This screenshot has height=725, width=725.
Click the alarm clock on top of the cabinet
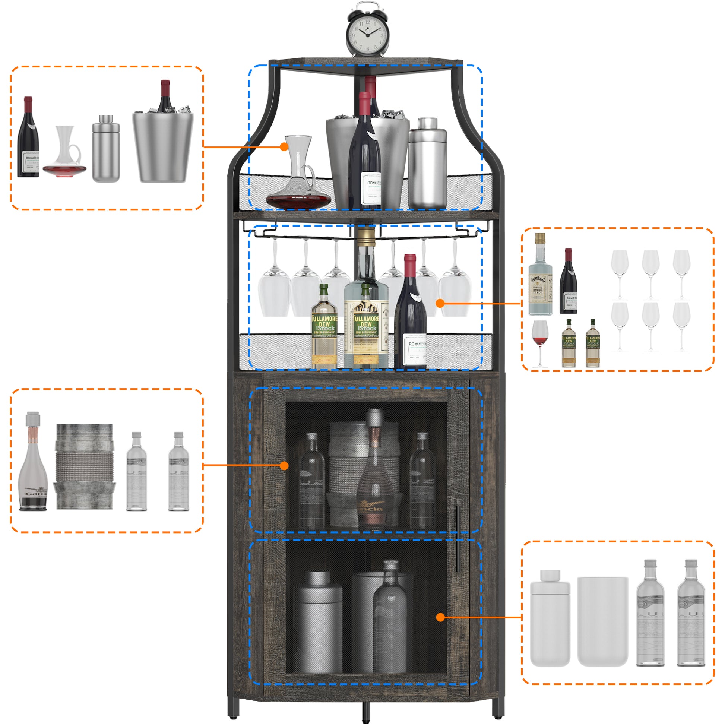click(x=367, y=32)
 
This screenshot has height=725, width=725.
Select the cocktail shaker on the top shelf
click(x=427, y=163)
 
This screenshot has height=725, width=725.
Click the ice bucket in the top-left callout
click(x=163, y=146)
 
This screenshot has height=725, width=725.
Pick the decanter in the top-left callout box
click(x=65, y=154)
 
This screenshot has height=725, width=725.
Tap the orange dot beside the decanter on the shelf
click(x=284, y=147)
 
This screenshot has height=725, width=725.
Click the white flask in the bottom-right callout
click(x=550, y=619)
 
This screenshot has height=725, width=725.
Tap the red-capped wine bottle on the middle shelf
click(x=410, y=315)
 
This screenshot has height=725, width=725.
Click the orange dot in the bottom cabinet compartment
click(x=441, y=617)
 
